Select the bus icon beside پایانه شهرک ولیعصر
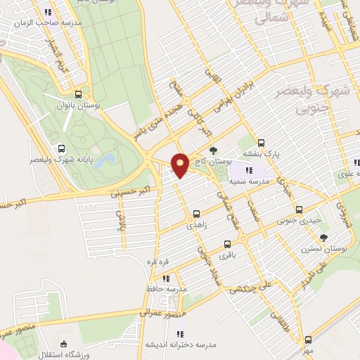coord(62,149)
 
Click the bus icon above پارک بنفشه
coord(262,141)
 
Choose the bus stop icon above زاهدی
coord(196,214)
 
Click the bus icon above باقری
coord(226,245)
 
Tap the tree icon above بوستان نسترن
coord(323,237)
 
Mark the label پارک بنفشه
coord(262,153)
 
